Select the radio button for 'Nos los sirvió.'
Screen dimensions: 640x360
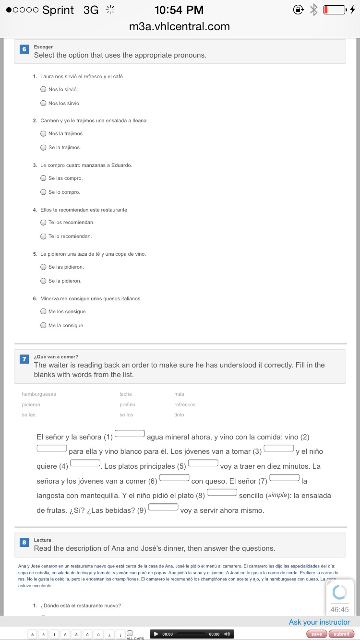43,103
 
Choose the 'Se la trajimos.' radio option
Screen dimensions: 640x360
43,147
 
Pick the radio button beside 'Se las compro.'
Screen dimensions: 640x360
43,178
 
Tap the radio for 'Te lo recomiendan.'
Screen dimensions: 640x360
43,236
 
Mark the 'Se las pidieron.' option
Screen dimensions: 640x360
43,267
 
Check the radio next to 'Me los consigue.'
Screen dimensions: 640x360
43,311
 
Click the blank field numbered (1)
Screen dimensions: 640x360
130,434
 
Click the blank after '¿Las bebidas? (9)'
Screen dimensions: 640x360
164,507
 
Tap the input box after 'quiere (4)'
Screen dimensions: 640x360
85,463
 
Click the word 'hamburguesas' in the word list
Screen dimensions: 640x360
39,394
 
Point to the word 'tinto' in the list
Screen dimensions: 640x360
179,415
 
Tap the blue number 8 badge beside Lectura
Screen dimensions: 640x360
24,542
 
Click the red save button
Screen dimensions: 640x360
316,634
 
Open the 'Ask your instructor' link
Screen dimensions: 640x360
319,622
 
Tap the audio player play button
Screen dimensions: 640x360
156,634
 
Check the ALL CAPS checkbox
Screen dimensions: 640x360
130,633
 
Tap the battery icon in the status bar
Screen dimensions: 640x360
335,10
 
